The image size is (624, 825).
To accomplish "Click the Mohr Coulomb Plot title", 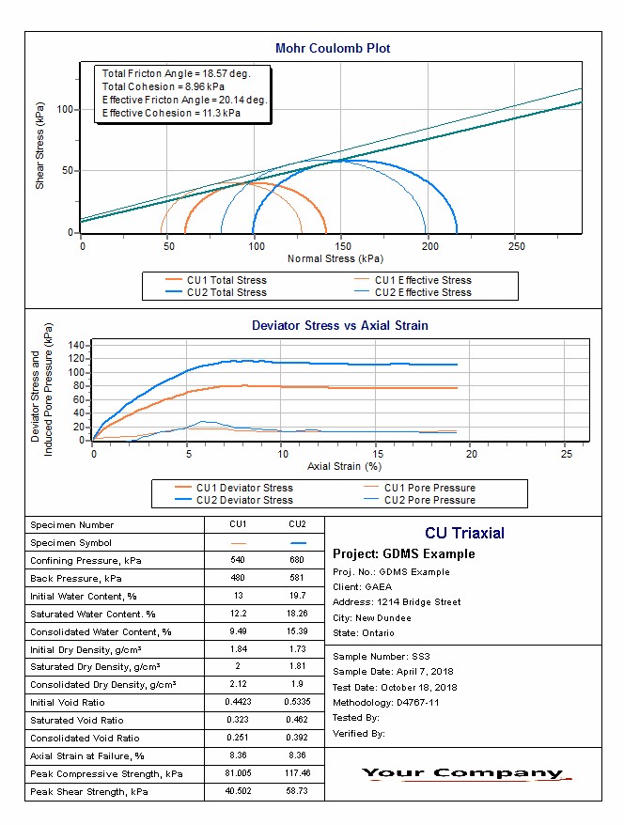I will coord(333,48).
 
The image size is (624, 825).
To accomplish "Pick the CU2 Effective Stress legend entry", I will coord(423,292).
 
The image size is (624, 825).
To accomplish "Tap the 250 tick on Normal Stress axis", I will coord(517,246).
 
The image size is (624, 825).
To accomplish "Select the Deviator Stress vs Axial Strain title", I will coord(339,326).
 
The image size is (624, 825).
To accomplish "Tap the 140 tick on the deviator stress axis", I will coord(77,346).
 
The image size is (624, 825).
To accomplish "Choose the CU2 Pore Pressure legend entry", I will coord(429,500).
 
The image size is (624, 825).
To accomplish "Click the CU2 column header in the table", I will coord(298,524).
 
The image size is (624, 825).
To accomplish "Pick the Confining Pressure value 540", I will coord(238,560).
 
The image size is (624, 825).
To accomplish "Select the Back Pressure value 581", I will coord(298,578).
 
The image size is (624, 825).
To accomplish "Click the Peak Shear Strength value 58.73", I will coord(298,792).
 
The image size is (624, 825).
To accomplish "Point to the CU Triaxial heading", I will coord(464,534).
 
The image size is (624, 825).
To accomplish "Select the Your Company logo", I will coord(463,774).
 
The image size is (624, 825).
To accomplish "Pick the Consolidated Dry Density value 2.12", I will coord(238,685).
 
